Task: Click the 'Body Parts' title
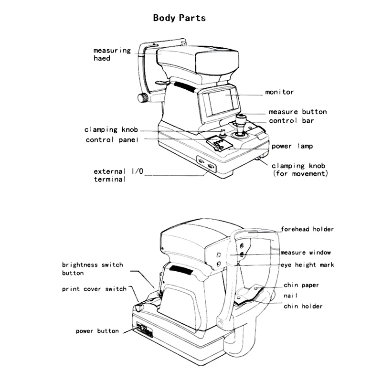179,18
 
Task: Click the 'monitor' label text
279,92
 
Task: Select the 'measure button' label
297,112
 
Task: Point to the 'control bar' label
291,121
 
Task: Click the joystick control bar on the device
241,125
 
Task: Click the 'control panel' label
112,140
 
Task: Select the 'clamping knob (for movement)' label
300,170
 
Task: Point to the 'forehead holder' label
307,229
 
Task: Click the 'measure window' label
306,253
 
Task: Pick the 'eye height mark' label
307,265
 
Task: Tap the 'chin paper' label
301,285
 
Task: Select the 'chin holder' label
303,306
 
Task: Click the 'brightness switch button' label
92,269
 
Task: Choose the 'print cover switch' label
94,289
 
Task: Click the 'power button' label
97,331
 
